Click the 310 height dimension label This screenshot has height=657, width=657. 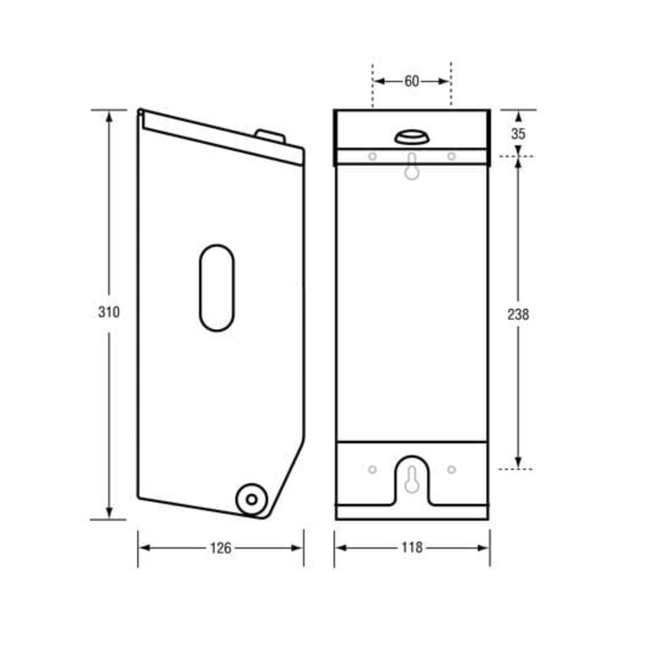(x=109, y=312)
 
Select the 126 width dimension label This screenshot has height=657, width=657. (x=220, y=548)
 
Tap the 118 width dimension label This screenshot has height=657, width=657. (x=412, y=547)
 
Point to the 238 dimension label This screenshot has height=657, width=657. (x=518, y=314)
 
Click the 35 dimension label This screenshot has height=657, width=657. (x=518, y=134)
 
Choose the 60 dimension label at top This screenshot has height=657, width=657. (x=412, y=81)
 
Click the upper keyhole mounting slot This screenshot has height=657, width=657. (x=412, y=166)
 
